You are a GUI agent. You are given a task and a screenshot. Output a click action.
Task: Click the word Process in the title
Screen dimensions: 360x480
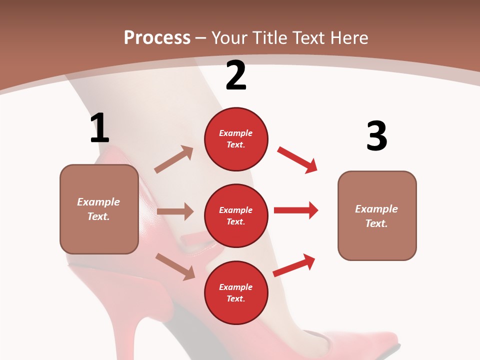157,38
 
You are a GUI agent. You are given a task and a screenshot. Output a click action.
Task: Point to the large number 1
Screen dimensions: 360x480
99,128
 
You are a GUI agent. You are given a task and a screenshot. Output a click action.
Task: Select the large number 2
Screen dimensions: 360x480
236,75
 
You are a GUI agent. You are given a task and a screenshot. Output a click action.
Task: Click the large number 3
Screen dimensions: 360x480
376,136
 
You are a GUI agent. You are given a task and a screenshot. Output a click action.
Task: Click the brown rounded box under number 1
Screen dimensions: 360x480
99,209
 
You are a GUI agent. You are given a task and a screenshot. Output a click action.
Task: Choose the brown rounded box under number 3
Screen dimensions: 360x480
377,215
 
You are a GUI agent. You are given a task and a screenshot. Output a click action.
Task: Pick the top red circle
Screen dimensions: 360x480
236,138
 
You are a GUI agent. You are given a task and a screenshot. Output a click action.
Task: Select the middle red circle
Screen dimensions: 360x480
236,215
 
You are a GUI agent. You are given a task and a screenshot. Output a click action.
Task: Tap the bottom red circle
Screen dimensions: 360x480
236,292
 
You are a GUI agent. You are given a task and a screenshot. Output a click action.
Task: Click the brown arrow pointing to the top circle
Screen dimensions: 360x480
174,159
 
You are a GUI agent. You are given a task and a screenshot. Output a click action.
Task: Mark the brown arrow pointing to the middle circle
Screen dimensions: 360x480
175,211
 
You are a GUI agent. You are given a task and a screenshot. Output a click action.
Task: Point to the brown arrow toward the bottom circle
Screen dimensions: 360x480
175,266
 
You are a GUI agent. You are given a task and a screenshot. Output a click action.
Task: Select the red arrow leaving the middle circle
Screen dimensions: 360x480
296,210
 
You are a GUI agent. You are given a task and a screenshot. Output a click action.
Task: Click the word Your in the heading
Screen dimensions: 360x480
230,38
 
